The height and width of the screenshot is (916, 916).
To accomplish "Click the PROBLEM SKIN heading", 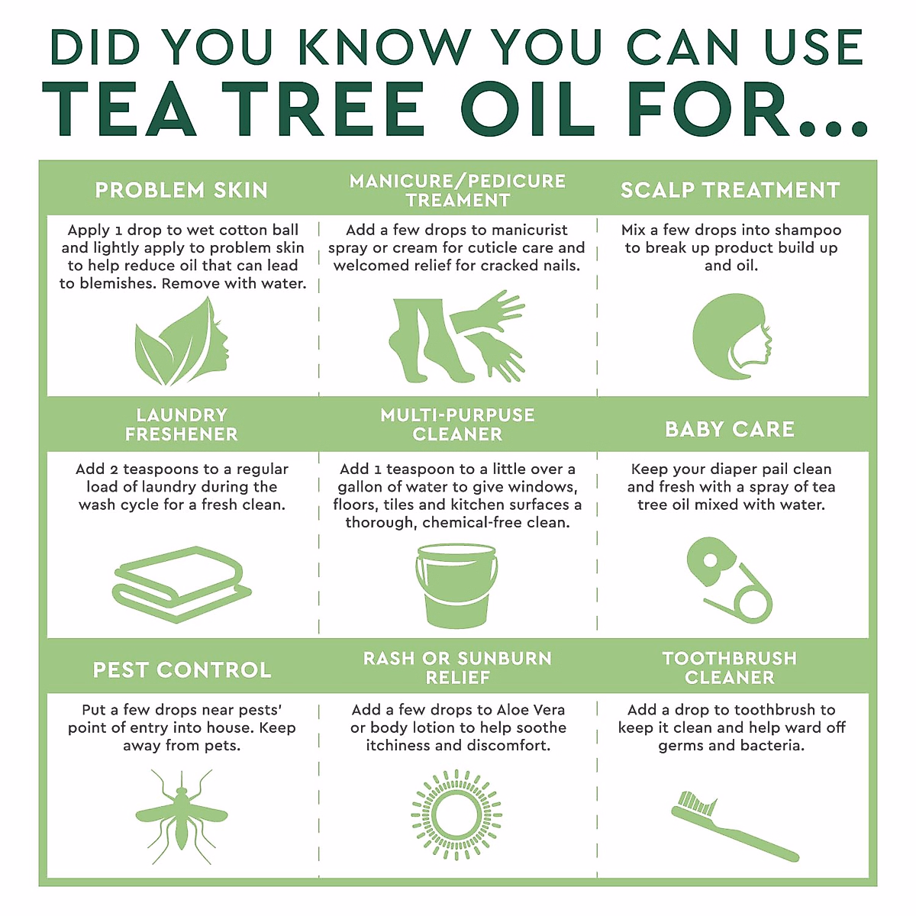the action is (181, 190).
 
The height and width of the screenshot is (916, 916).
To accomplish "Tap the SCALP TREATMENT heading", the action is (731, 190).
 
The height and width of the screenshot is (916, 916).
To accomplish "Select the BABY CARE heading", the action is (730, 429).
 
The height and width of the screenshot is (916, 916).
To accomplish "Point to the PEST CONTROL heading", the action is (182, 669).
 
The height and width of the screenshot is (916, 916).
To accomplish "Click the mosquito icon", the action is (181, 817).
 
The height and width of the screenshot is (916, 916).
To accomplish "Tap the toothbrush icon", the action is (734, 826).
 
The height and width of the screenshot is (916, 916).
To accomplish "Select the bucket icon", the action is (456, 586).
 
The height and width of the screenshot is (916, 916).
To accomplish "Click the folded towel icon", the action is (182, 584).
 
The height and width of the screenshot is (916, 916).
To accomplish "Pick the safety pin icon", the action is (730, 580).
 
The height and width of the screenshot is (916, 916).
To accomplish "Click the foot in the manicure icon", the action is (425, 340).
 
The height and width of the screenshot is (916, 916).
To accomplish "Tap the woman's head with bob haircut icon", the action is (732, 337).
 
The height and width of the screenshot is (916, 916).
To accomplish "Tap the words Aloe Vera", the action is (531, 710).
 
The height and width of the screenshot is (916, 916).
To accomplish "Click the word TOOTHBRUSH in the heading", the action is (730, 658).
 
